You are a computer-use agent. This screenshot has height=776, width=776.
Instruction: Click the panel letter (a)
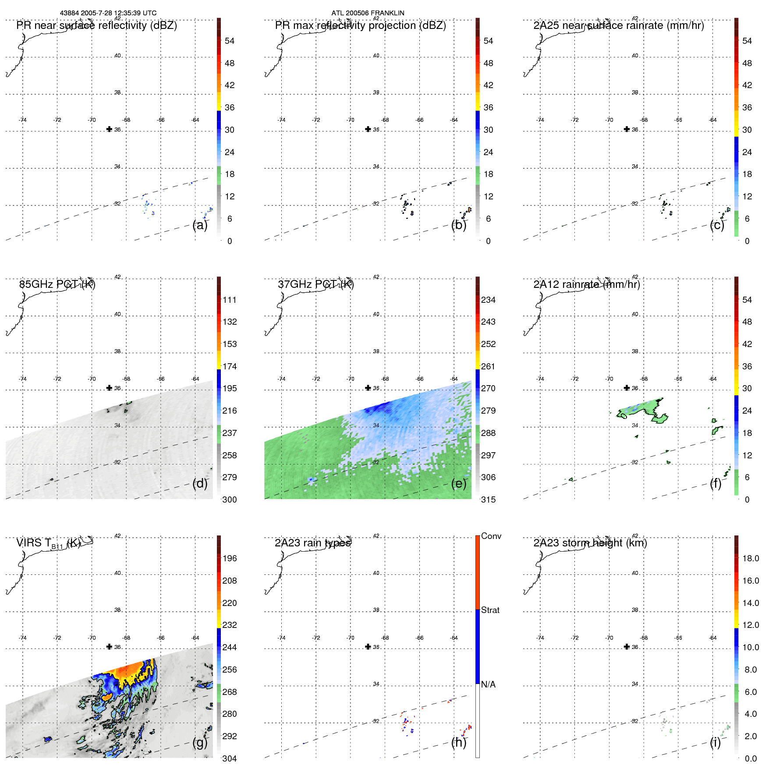coord(200,225)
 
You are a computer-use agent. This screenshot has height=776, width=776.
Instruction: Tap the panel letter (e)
coord(459,484)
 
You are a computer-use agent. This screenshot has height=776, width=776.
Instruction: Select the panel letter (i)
coord(715,742)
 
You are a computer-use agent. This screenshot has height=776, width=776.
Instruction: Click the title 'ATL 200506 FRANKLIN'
coord(368,13)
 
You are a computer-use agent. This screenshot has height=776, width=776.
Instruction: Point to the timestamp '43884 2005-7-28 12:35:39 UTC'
coord(108,13)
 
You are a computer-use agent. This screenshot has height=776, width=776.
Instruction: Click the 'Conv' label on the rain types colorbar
coord(491,536)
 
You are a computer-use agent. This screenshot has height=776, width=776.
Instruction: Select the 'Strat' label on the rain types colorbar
coord(490,610)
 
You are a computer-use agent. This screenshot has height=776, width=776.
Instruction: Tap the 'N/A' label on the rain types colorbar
coord(488,684)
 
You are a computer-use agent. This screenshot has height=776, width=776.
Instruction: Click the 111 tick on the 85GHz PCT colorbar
coord(229,300)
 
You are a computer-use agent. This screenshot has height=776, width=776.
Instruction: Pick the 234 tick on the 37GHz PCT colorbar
coord(488,300)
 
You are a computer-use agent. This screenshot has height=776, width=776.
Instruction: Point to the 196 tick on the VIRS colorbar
coord(229,558)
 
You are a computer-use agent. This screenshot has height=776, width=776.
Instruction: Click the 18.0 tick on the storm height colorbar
coord(750,558)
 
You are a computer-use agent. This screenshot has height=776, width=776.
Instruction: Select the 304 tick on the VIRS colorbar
coord(229,758)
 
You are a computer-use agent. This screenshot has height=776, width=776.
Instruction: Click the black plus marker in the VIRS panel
coord(109,647)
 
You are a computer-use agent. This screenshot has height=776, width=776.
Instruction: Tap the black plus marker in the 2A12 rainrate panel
coord(627,388)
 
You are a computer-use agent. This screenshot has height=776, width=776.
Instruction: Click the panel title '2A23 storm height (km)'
coord(590,543)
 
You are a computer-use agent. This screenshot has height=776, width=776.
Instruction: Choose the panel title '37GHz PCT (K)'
coord(315,284)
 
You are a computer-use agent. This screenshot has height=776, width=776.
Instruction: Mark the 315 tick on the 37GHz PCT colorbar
coord(488,500)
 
